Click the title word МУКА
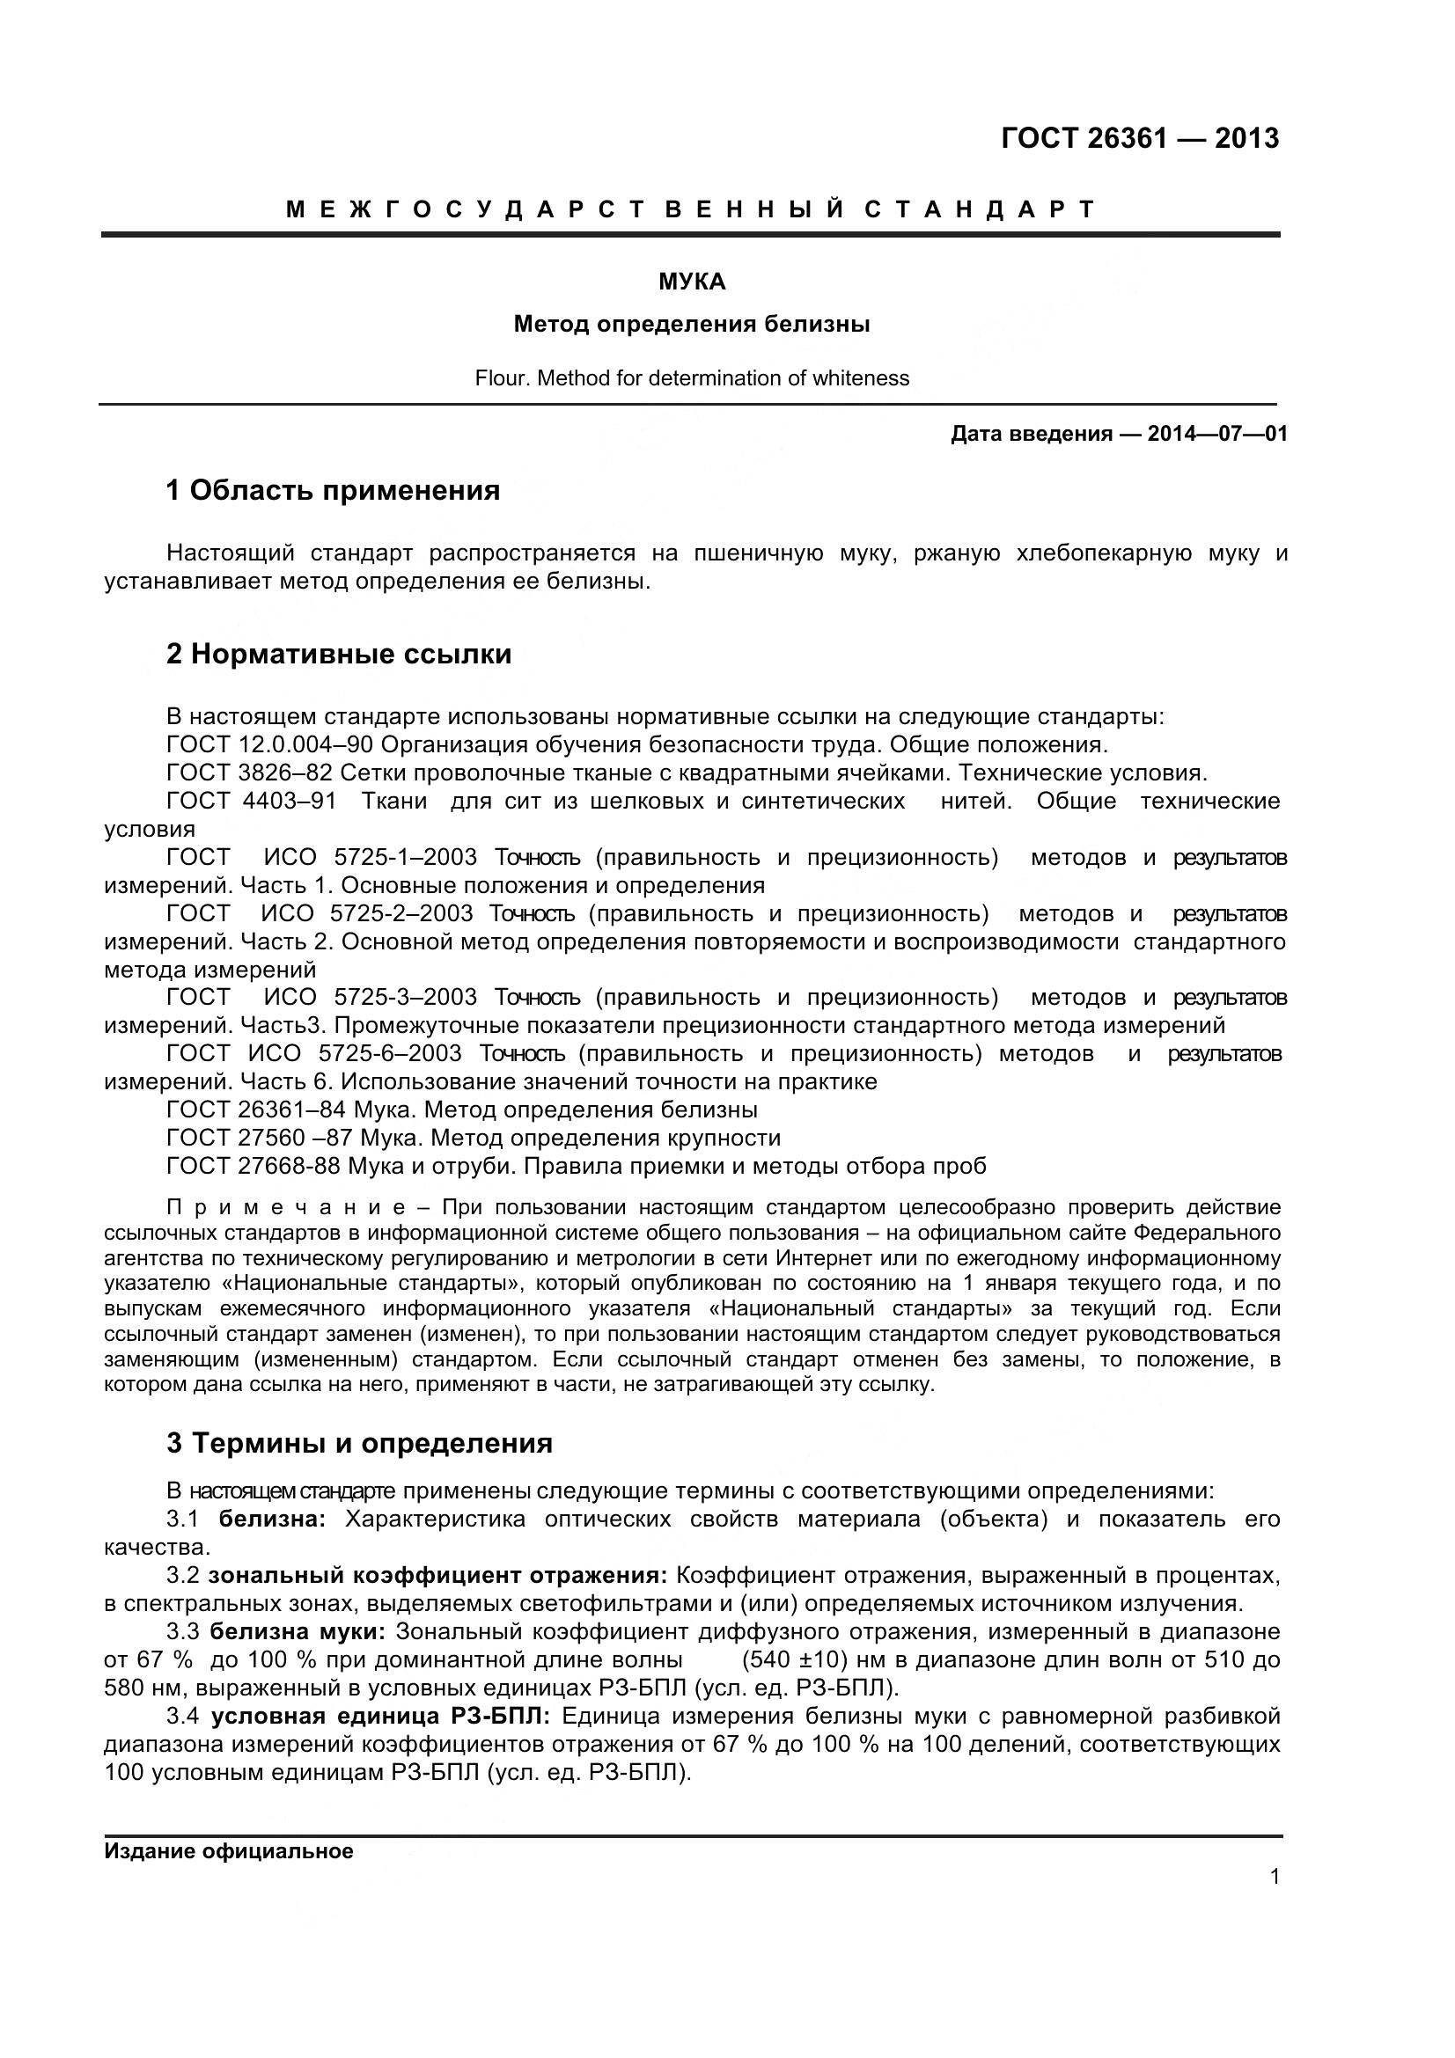point(692,282)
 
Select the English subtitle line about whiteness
point(692,378)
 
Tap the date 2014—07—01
point(1217,435)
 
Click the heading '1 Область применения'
point(333,491)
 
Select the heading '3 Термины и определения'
point(359,1443)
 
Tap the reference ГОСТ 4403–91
point(251,801)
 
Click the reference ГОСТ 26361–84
point(255,1110)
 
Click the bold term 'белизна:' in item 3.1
point(272,1520)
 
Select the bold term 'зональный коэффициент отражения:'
point(437,1575)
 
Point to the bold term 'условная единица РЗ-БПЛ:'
point(380,1717)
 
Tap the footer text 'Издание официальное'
point(229,1852)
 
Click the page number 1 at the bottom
point(1275,1877)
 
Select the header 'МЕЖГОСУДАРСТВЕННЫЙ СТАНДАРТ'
point(690,209)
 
